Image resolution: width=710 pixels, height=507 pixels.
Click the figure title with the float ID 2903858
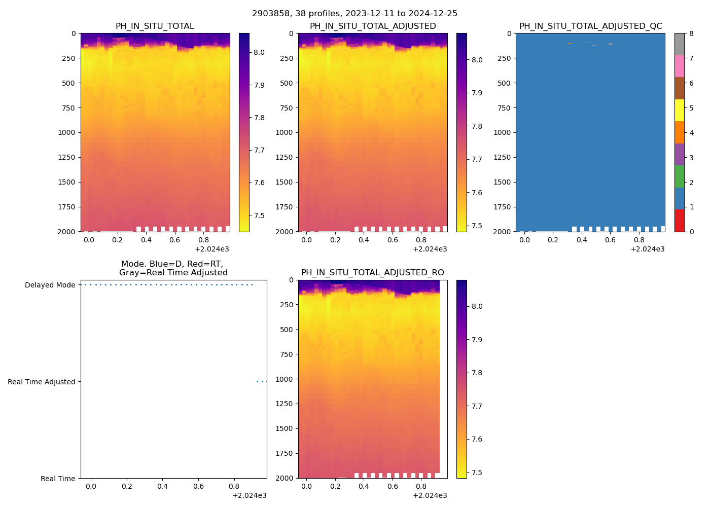354,14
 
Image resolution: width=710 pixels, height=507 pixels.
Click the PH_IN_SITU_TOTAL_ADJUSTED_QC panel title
590,26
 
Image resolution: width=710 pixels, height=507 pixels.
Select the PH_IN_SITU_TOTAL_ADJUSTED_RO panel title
372,273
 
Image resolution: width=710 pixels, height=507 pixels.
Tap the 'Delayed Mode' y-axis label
50,285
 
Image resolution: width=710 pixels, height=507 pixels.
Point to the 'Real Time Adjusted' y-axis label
42,382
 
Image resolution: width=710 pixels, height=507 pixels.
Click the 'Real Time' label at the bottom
58,479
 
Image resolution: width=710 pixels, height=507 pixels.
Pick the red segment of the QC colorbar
679,221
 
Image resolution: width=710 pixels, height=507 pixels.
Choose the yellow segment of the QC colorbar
679,110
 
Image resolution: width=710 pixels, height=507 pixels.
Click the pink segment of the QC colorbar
679,66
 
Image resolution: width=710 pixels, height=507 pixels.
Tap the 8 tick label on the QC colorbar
691,33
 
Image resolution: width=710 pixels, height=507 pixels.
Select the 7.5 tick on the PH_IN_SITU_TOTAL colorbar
259,215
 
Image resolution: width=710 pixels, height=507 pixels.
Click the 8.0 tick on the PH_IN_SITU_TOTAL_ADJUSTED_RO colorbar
477,306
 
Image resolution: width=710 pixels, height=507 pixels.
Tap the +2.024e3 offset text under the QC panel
647,249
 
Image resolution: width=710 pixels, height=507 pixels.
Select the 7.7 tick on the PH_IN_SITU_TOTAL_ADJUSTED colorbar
477,159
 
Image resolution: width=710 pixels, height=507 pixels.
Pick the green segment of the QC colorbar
679,176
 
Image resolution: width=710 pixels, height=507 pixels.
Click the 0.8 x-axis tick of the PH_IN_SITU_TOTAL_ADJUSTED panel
421,240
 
